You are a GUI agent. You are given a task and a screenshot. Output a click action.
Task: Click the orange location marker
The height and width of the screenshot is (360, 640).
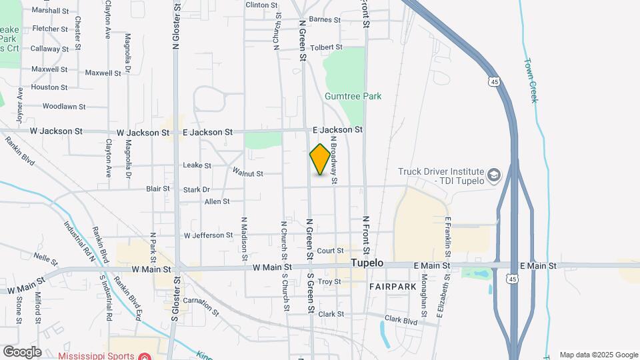[x=320, y=159]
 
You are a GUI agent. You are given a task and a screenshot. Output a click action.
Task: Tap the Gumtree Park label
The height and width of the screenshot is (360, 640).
[x=353, y=96]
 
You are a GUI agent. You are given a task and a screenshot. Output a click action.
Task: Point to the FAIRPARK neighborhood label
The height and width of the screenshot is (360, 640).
[x=393, y=286]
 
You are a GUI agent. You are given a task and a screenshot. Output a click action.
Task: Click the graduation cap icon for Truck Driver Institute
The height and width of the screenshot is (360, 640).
[x=494, y=176]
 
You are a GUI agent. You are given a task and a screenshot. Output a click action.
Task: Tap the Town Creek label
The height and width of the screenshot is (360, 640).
[x=531, y=80]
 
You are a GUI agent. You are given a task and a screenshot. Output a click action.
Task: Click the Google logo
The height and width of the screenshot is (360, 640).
[x=21, y=352]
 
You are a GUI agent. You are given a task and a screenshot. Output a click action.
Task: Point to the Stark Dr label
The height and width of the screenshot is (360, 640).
[x=196, y=190]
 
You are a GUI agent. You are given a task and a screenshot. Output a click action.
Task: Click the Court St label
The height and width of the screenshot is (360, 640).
[x=330, y=251]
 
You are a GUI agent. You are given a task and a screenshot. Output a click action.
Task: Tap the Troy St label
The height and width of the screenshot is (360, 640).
[x=329, y=282]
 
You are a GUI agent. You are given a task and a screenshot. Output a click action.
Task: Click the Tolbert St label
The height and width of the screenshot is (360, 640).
[x=326, y=47]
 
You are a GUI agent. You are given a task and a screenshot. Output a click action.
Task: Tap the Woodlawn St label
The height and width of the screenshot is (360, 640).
[x=64, y=106]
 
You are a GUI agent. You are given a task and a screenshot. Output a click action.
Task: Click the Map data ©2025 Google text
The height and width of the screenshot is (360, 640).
[x=599, y=355]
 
